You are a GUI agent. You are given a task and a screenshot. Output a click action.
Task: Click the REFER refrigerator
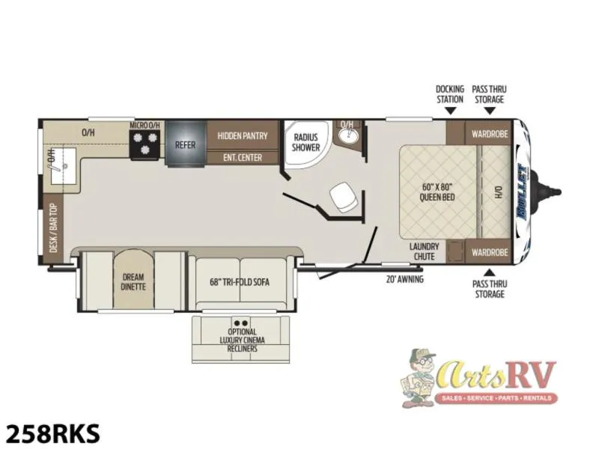(x=186, y=143)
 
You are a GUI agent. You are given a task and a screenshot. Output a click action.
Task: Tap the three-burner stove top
(x=145, y=144)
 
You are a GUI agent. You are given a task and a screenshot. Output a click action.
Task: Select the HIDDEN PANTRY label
(x=243, y=135)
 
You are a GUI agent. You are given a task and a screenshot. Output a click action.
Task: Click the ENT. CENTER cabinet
(x=243, y=158)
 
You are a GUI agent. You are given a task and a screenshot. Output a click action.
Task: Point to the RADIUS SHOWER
(x=305, y=142)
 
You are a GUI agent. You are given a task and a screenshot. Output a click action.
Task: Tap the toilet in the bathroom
(x=344, y=197)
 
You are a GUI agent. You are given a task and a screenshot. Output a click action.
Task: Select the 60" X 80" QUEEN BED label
(x=437, y=192)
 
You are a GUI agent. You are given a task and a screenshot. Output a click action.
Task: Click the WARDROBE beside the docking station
(x=490, y=134)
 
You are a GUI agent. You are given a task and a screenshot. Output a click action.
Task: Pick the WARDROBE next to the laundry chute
(x=490, y=252)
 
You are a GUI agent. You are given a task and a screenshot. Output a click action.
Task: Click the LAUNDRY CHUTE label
(x=424, y=251)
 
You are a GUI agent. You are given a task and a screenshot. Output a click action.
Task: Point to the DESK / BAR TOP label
(x=53, y=228)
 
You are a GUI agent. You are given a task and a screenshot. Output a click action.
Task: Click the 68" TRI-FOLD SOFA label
(x=240, y=282)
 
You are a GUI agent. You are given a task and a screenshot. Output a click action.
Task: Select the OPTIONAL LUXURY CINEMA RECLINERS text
(x=242, y=340)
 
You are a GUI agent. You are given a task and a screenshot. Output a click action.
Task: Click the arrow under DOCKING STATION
(x=451, y=111)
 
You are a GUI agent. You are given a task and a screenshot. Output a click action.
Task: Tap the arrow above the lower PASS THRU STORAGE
(x=489, y=272)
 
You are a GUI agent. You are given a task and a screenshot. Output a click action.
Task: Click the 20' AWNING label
(x=404, y=279)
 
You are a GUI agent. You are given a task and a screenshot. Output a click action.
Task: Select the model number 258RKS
(x=53, y=433)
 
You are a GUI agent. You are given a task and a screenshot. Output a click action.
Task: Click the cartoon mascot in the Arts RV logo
(x=419, y=377)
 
